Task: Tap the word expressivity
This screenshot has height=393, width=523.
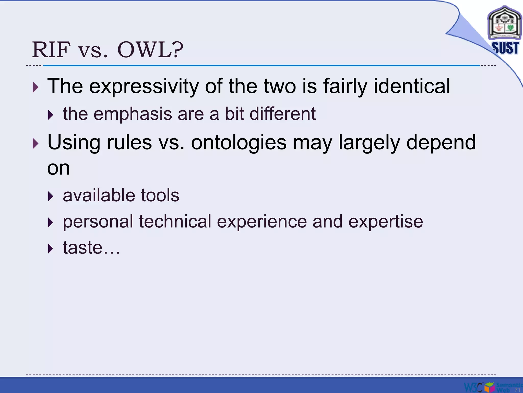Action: [x=144, y=86]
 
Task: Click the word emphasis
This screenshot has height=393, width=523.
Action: [x=133, y=114]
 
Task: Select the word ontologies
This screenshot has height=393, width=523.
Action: [x=239, y=143]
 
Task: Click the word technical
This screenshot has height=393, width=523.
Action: [x=175, y=222]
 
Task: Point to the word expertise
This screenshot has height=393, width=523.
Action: [x=386, y=222]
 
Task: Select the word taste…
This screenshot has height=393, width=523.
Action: [x=91, y=248]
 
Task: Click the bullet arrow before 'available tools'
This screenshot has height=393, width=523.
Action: [x=51, y=196]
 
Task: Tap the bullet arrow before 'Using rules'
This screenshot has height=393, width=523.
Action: [x=35, y=144]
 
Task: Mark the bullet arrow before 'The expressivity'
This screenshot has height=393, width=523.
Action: [x=35, y=88]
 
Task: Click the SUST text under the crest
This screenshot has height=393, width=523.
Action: [x=505, y=48]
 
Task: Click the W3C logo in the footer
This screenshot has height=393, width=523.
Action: [x=473, y=387]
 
